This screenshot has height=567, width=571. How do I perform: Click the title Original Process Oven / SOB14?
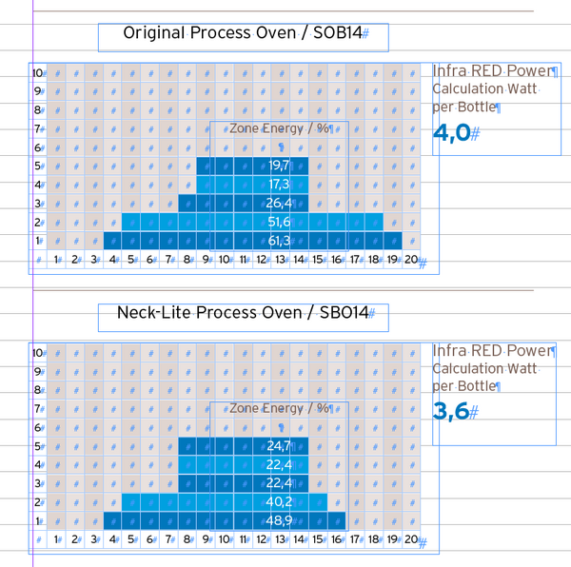point(242,34)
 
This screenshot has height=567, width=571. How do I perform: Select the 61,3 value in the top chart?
point(279,241)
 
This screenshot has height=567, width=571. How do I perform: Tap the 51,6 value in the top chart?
point(279,222)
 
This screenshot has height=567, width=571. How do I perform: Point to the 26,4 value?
point(279,203)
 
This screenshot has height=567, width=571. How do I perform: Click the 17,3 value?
point(279,185)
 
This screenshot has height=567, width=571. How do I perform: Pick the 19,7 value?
point(279,166)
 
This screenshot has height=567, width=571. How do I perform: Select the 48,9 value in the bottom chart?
point(279,520)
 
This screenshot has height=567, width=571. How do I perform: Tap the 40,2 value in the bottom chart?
point(279,501)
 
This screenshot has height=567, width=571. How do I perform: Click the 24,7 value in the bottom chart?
point(279,445)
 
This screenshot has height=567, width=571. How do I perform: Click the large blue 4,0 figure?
point(451,133)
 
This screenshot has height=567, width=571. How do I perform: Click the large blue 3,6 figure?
point(451,412)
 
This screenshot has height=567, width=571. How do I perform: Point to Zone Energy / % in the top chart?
point(278,128)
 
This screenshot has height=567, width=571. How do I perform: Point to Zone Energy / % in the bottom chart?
point(278,408)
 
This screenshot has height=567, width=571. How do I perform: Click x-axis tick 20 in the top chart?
point(410,259)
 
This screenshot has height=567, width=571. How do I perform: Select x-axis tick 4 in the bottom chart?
point(112,539)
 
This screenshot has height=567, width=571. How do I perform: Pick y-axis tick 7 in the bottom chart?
point(38,408)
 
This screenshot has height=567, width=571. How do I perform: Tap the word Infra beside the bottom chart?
point(449,350)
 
